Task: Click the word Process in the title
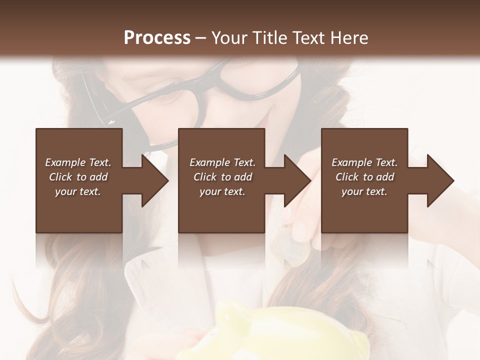click(x=157, y=37)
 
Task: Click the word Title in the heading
click(x=269, y=37)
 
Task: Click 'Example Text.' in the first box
click(x=78, y=162)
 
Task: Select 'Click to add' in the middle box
click(x=222, y=177)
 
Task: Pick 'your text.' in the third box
click(x=364, y=191)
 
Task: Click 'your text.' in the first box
click(x=78, y=191)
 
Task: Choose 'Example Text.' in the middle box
click(x=222, y=162)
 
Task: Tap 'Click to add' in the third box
click(x=364, y=177)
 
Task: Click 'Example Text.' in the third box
click(x=364, y=162)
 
